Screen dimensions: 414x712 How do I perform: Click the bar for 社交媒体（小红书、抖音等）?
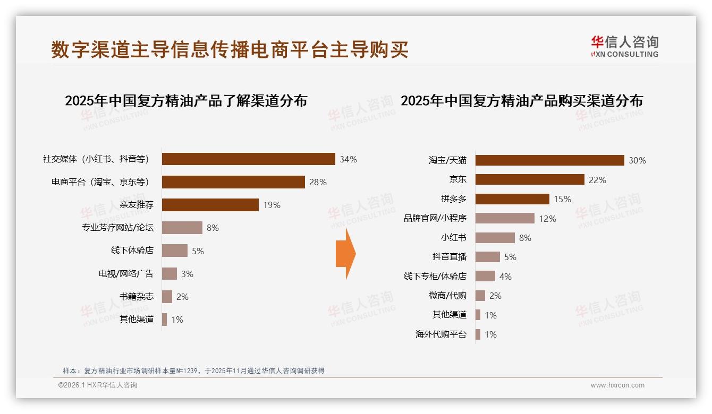coord(248,159)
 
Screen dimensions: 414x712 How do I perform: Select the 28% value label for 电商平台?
coord(318,182)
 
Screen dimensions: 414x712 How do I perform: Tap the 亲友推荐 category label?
coord(137,205)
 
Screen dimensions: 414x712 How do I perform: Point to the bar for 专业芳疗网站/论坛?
coord(182,228)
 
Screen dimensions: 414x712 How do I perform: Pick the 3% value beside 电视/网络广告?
coord(187,274)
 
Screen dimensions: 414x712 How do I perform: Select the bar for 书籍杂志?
coord(167,297)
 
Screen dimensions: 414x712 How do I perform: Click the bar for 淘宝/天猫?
coord(549,160)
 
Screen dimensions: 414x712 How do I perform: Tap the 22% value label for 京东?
coord(597,180)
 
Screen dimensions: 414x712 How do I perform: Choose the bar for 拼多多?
coord(512,199)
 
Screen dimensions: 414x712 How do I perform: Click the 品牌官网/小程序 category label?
coord(435,218)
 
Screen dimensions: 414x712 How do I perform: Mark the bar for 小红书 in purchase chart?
coord(495,238)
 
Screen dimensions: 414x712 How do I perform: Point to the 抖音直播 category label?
coord(450,257)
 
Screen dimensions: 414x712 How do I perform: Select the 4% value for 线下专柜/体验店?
coord(505,277)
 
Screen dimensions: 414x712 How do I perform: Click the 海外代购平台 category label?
coord(441,334)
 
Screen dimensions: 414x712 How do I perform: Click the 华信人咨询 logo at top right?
coord(624,46)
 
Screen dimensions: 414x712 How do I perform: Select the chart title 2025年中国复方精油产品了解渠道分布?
coord(186,101)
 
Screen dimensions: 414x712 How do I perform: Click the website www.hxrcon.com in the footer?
coord(617,385)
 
